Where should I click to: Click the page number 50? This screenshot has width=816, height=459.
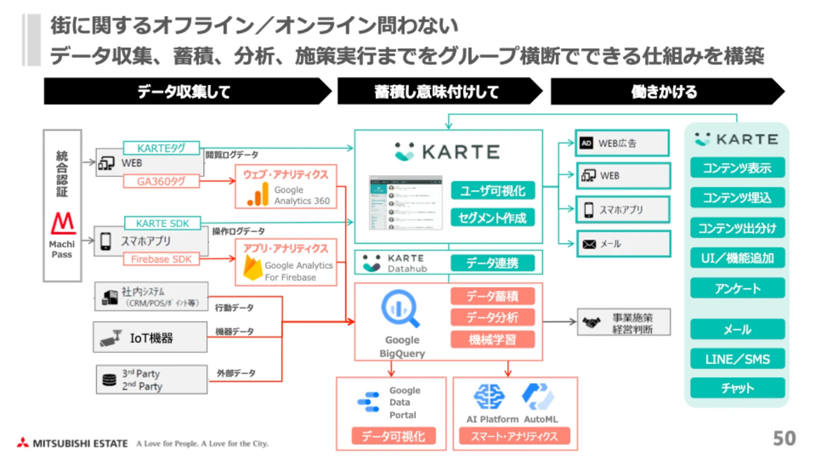click(x=784, y=438)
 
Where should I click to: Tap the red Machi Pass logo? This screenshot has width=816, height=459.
click(x=63, y=223)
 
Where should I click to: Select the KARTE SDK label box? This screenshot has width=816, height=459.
click(x=162, y=224)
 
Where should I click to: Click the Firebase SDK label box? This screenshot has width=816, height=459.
click(x=161, y=259)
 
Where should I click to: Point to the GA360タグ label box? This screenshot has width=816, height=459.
click(x=161, y=182)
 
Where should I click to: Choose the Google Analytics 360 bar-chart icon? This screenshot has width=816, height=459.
click(x=258, y=194)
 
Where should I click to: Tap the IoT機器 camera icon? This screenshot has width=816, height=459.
click(x=111, y=338)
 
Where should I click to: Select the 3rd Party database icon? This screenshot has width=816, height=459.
click(x=109, y=380)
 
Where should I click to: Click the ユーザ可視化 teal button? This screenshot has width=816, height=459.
click(x=492, y=191)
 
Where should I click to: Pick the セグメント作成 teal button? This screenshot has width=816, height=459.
click(x=492, y=218)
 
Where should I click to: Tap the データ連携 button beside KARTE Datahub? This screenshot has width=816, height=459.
click(x=492, y=263)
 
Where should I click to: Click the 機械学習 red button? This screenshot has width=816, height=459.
click(x=492, y=339)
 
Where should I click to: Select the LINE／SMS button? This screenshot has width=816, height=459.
click(x=737, y=360)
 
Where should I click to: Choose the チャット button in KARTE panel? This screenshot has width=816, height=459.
click(x=737, y=388)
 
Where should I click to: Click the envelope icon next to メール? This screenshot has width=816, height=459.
click(x=589, y=244)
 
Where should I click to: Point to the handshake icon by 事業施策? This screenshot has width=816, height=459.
click(x=591, y=322)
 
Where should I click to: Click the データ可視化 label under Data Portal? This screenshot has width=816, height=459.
click(x=393, y=437)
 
